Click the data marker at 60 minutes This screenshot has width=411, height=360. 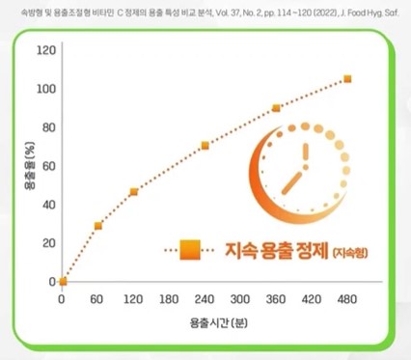point(97,226)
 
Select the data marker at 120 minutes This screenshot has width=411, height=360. point(133,192)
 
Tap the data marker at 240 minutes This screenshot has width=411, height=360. point(205,146)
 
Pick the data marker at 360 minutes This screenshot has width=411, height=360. point(276,108)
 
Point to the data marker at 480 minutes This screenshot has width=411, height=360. point(347,79)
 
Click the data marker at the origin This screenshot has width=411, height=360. point(63,282)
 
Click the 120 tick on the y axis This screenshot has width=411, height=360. point(46,50)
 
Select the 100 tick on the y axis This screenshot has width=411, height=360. point(46,89)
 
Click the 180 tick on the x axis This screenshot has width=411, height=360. point(170,299)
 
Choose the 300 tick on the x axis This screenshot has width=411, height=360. point(241,299)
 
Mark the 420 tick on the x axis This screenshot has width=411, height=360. point(312,299)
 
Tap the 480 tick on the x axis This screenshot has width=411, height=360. point(347,299)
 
